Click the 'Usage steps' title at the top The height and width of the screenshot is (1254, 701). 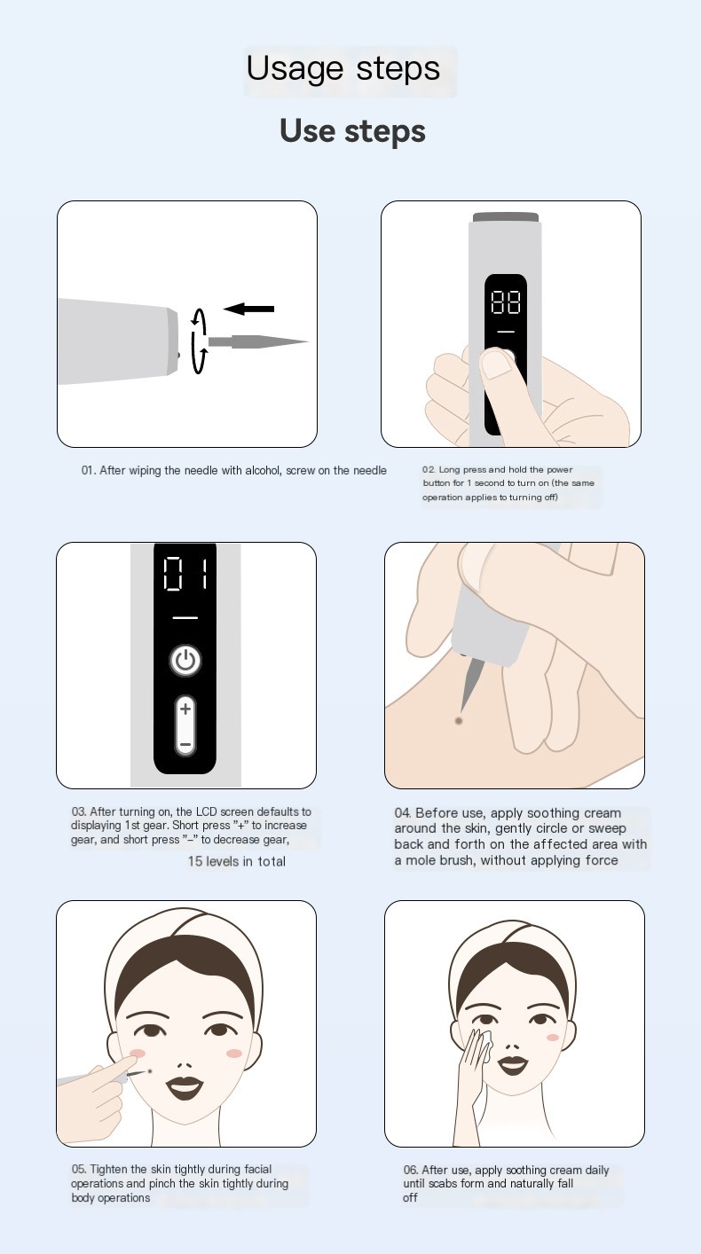point(343,69)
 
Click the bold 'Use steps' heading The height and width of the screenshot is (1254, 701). point(352,132)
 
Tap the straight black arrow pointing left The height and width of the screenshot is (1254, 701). point(248,309)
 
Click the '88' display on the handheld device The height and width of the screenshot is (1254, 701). point(506,302)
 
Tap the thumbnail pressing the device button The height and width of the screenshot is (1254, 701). point(496,362)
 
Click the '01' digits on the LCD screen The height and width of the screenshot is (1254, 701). point(185,574)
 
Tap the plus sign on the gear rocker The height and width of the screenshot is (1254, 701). point(185,709)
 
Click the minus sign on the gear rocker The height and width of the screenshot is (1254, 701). point(185,745)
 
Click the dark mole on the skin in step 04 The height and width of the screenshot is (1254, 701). point(459,720)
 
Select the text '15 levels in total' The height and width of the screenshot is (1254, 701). point(236,861)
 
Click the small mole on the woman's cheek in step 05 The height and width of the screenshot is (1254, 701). point(150,1071)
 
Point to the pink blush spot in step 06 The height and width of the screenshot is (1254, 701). point(553,1038)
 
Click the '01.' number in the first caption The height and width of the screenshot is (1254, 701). point(89,470)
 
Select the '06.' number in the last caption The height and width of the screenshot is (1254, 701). point(411,1170)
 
